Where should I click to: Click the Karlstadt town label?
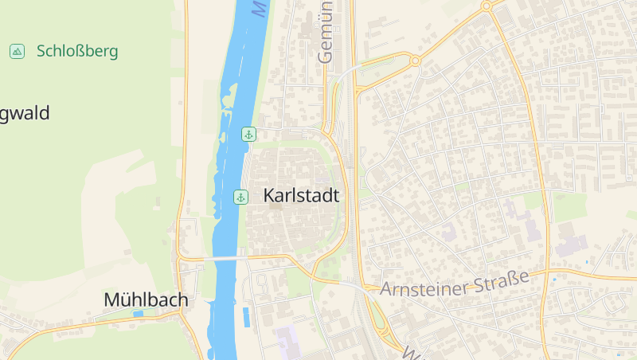pyautogui.click(x=301, y=196)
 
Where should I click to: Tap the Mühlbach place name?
pyautogui.click(x=146, y=300)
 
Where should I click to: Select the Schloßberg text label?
pyautogui.click(x=77, y=52)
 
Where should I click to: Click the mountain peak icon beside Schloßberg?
pyautogui.click(x=16, y=52)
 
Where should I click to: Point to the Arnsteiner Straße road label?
pyautogui.click(x=455, y=284)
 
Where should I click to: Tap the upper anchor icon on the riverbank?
pyautogui.click(x=248, y=134)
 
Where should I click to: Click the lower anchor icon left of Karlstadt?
pyautogui.click(x=240, y=197)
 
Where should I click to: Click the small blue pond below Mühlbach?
pyautogui.click(x=139, y=314)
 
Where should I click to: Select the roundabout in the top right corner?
pyautogui.click(x=486, y=6)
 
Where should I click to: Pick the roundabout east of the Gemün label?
pyautogui.click(x=415, y=60)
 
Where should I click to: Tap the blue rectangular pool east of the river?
pyautogui.click(x=246, y=317)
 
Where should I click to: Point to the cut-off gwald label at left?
pyautogui.click(x=25, y=114)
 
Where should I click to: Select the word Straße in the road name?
pyautogui.click(x=501, y=281)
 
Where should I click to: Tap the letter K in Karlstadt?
pyautogui.click(x=269, y=196)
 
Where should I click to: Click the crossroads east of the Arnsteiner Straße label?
pyautogui.click(x=549, y=272)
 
